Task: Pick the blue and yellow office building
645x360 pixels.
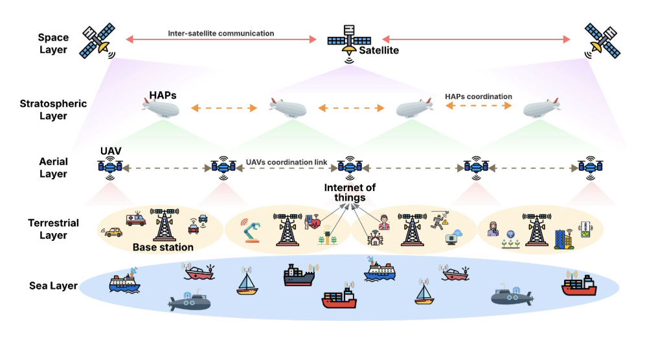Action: coord(563,238)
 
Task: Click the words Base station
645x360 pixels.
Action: coord(163,247)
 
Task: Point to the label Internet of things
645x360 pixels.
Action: coord(350,193)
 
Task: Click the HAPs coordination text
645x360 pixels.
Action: coord(479,96)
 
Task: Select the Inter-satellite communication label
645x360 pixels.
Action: coord(221,33)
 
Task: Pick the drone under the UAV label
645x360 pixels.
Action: coord(110,166)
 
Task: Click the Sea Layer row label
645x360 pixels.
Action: coord(54,286)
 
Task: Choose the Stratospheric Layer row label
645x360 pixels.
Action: coord(53,109)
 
